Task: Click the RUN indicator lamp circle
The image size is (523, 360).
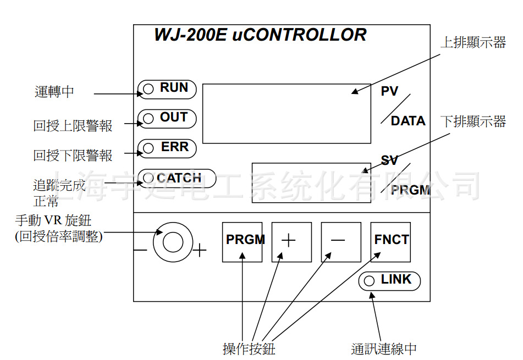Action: (148, 88)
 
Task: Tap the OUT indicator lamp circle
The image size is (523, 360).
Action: (148, 118)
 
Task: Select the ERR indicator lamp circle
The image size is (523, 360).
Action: (148, 148)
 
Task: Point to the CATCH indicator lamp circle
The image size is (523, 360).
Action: (148, 178)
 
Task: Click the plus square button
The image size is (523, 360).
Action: (291, 242)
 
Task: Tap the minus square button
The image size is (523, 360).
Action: (341, 242)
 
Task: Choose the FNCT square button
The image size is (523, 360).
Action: (391, 242)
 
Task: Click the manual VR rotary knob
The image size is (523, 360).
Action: (173, 242)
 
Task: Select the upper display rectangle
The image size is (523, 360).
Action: (287, 114)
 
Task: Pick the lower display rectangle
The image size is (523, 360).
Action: (311, 182)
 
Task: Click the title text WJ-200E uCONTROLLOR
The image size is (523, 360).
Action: (260, 35)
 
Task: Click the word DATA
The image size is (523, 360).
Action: (408, 121)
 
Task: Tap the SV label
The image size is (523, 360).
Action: (389, 160)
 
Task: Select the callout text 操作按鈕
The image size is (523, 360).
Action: (249, 348)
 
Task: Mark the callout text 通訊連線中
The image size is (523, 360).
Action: (384, 348)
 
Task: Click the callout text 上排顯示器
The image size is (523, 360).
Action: (473, 43)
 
